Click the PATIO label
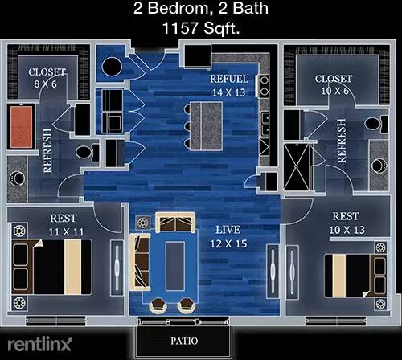click(184, 341)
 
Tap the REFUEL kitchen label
click(229, 79)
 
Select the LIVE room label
click(228, 230)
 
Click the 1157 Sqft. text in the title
click(201, 28)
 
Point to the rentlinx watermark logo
click(39, 345)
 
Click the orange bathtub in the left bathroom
click(22, 126)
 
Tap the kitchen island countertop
click(207, 126)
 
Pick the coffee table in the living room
click(174, 266)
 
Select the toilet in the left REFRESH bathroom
click(88, 153)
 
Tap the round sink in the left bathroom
click(18, 178)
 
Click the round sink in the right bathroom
click(379, 166)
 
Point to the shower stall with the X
click(297, 167)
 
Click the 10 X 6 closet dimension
click(335, 91)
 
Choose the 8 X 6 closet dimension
click(45, 84)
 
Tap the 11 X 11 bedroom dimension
click(66, 232)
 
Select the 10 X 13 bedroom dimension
click(347, 230)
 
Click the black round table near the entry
click(112, 67)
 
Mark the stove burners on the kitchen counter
click(265, 85)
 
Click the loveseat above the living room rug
click(175, 223)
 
